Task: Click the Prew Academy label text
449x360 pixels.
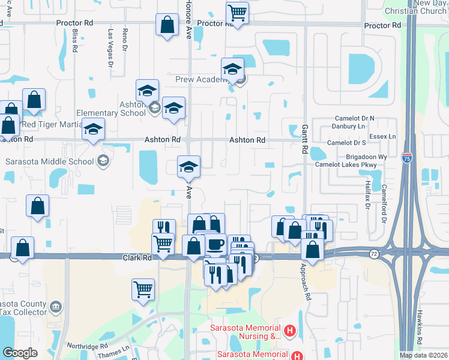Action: (199, 79)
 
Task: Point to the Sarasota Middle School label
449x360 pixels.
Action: (49, 161)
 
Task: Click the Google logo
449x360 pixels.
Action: (20, 353)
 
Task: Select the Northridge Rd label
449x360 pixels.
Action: (87, 346)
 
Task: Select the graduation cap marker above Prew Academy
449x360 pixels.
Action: (232, 68)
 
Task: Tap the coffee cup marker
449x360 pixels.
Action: (215, 245)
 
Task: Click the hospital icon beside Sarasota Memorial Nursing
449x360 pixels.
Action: (290, 330)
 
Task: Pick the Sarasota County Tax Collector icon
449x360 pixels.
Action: (56, 307)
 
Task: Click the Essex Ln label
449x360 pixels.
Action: (384, 137)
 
